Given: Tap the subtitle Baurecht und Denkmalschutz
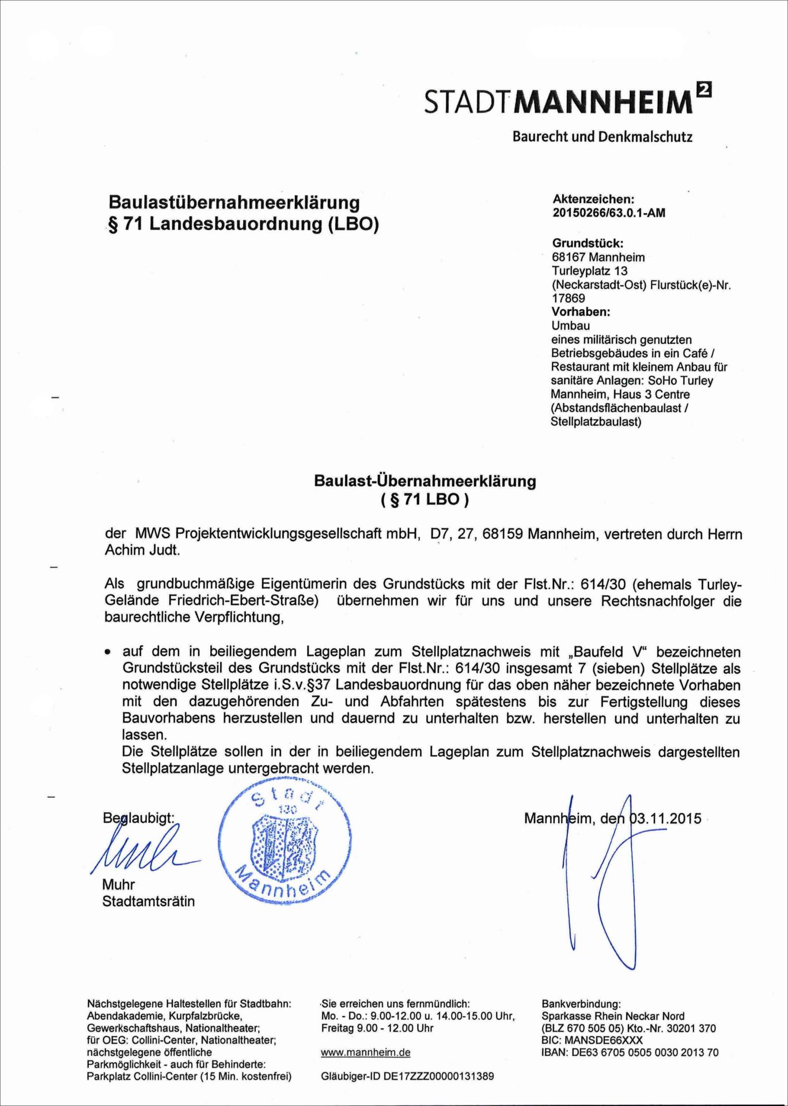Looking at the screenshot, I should click(x=602, y=137).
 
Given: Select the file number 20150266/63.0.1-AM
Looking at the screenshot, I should click(x=608, y=213).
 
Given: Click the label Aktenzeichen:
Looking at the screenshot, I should click(x=593, y=199).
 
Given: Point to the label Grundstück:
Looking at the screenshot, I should click(x=588, y=243).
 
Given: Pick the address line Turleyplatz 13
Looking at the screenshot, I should click(x=589, y=271).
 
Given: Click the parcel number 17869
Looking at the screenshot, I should click(x=568, y=298).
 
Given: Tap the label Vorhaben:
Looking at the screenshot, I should click(x=581, y=312).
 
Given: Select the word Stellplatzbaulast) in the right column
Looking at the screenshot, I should click(x=596, y=422).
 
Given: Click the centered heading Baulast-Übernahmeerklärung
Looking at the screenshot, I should click(x=425, y=482).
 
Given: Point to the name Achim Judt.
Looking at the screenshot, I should click(x=142, y=550).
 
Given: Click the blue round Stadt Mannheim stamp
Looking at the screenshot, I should click(x=285, y=845).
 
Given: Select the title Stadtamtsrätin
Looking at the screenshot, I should click(x=148, y=901).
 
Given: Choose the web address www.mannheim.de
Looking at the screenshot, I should click(x=365, y=1052).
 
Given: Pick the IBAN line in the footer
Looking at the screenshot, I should click(x=630, y=1052).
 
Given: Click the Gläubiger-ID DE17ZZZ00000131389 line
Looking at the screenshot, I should click(x=407, y=1076).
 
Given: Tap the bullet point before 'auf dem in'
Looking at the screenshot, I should click(x=107, y=653).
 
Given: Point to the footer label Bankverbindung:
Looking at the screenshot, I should click(x=581, y=1004).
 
